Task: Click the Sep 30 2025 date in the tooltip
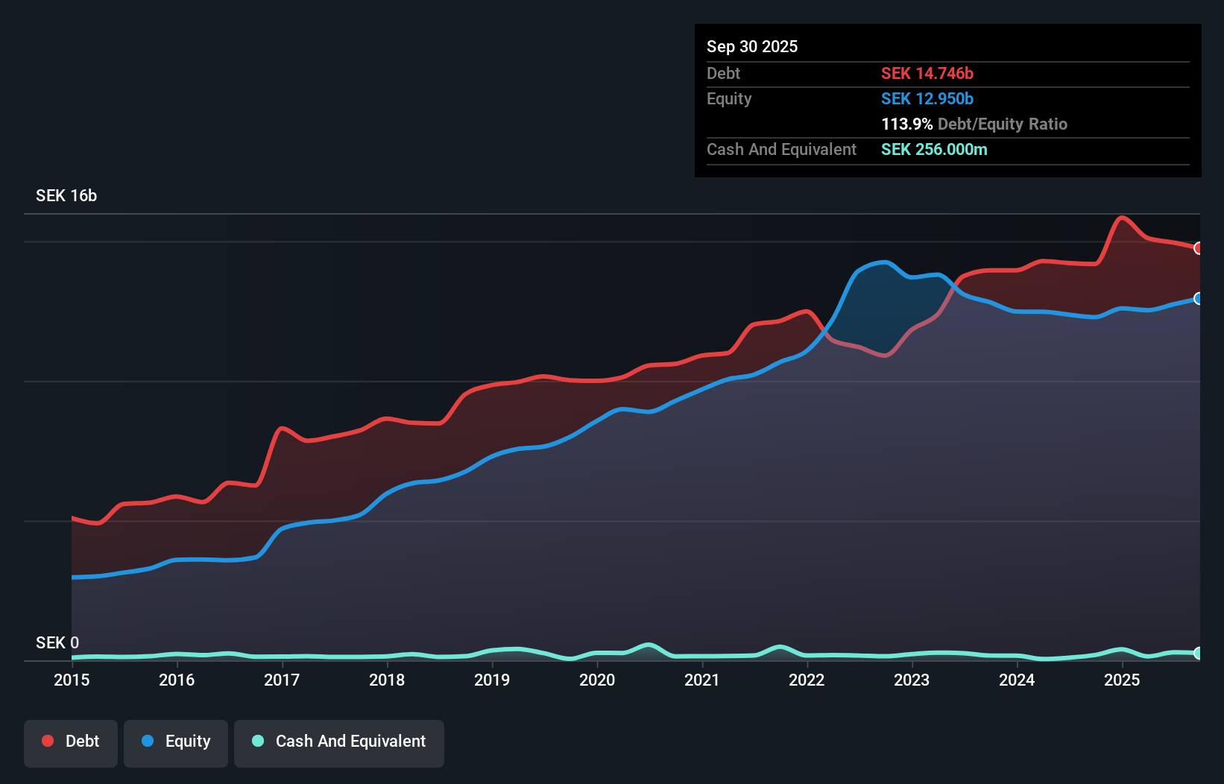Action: point(751,46)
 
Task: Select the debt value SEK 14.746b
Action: point(927,73)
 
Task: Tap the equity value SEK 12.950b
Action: point(927,98)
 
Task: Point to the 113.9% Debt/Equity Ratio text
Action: point(974,124)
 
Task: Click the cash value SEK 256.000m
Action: point(933,149)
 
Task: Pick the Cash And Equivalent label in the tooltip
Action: point(781,149)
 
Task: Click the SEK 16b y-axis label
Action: point(66,195)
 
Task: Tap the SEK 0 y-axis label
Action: point(57,642)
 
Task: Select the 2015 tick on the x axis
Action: point(72,680)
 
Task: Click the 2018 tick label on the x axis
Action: point(387,680)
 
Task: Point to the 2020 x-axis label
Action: point(597,680)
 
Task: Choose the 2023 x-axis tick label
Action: point(912,680)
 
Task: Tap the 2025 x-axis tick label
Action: point(1122,680)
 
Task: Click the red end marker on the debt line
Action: point(1199,248)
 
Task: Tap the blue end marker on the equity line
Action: point(1199,298)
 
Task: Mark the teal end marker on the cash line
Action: point(1199,653)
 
